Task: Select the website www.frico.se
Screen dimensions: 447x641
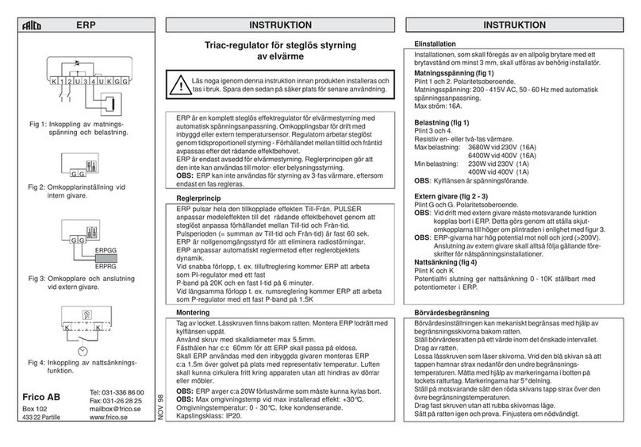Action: click(124, 424)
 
